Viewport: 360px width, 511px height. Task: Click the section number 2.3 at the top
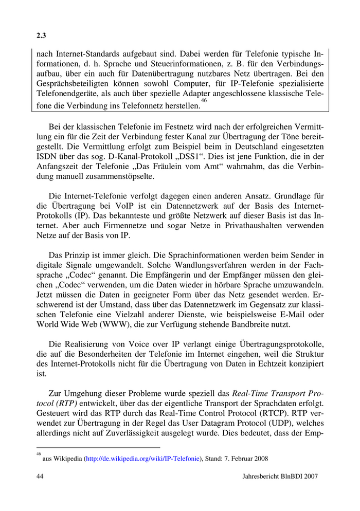tap(41, 36)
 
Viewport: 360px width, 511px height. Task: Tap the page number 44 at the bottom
tap(41, 477)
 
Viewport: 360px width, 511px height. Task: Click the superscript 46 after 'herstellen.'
tap(204, 101)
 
